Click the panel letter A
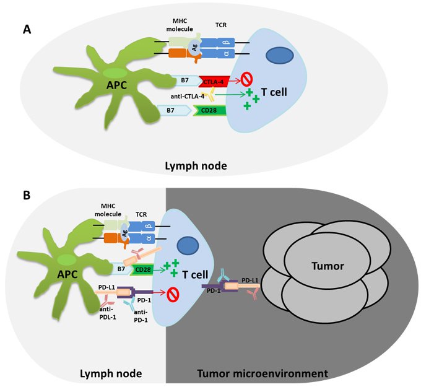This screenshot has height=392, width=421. point(27,28)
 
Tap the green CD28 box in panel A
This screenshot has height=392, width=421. point(209,111)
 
